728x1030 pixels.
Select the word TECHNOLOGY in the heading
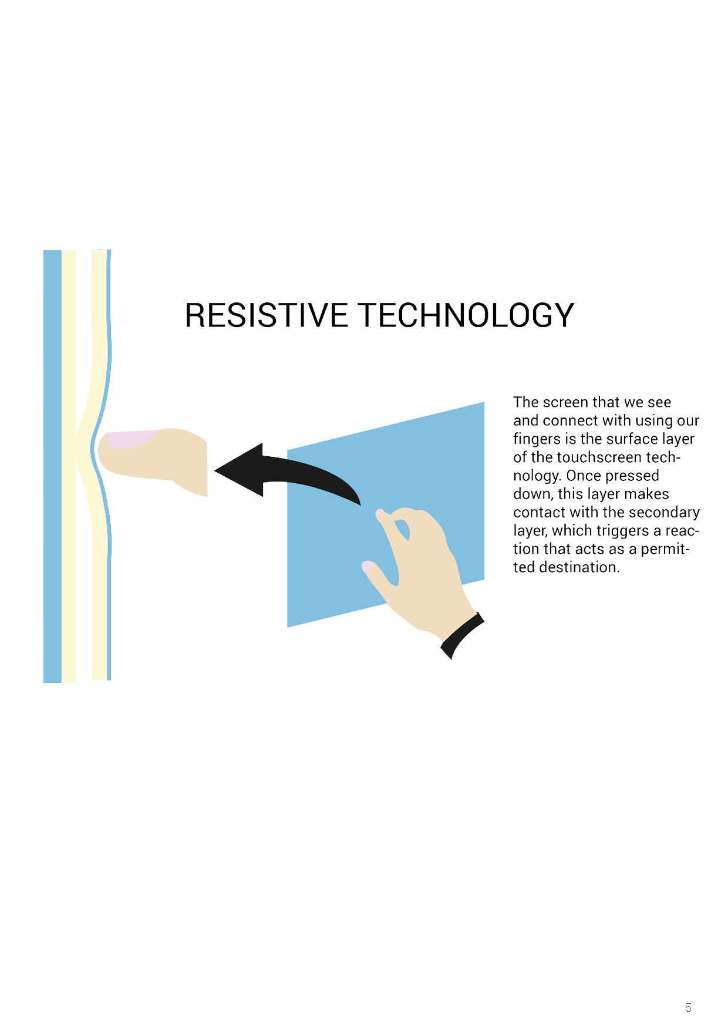[x=467, y=315]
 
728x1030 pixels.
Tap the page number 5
[x=688, y=1008]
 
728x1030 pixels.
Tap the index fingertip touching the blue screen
[x=380, y=514]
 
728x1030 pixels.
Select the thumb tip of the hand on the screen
[x=367, y=567]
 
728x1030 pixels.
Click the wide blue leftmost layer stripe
[x=52, y=466]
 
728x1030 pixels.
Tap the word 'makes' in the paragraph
[x=649, y=494]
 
